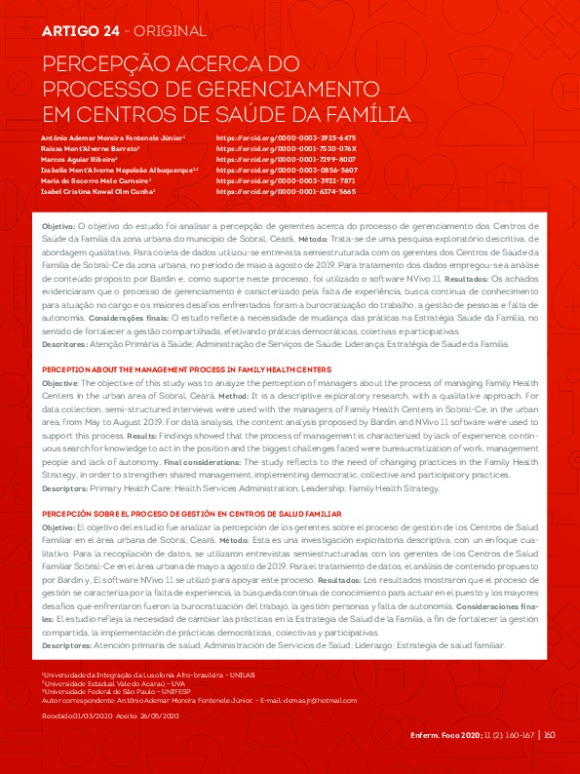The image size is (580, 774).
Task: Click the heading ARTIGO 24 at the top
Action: (81, 31)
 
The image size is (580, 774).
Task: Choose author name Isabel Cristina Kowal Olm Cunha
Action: (99, 192)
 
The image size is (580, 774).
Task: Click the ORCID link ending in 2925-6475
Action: (286, 138)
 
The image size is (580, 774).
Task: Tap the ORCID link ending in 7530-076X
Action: (286, 148)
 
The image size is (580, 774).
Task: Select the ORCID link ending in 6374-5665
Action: (286, 192)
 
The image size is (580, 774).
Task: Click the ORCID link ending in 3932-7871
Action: (286, 181)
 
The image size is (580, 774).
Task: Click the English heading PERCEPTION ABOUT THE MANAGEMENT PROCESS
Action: (185, 369)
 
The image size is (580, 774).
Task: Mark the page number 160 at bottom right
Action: (550, 735)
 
